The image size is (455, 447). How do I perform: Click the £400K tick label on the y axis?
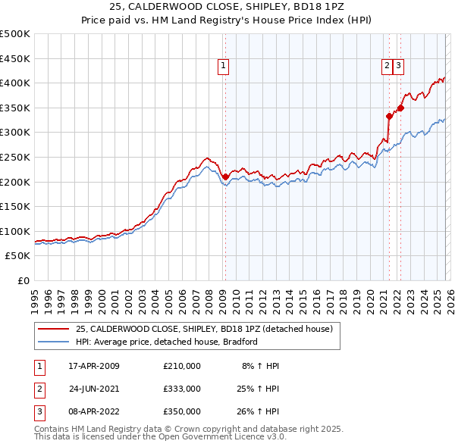pyautogui.click(x=15, y=83)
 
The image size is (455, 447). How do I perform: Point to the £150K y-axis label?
pyautogui.click(x=15, y=207)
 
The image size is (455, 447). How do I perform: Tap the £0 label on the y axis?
pyautogui.click(x=24, y=281)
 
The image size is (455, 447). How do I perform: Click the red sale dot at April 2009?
pyautogui.click(x=225, y=177)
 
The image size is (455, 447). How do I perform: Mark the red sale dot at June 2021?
pyautogui.click(x=389, y=116)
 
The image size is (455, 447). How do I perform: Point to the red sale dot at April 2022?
pyautogui.click(x=400, y=108)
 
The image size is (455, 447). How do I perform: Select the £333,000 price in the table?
pyautogui.click(x=181, y=388)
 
